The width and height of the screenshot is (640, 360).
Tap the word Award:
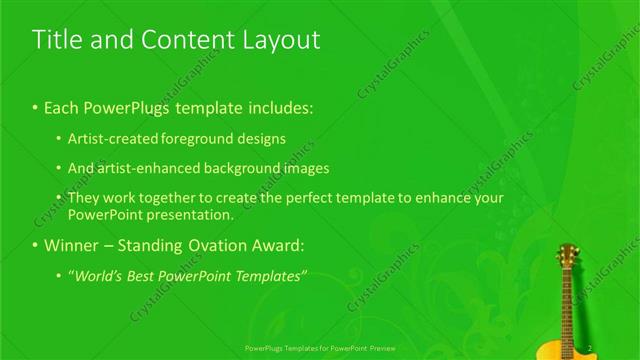(x=280, y=245)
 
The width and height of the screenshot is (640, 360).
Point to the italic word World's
(x=98, y=275)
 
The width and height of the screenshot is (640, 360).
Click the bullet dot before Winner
(x=36, y=246)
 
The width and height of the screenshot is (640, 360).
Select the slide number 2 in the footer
(x=592, y=348)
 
